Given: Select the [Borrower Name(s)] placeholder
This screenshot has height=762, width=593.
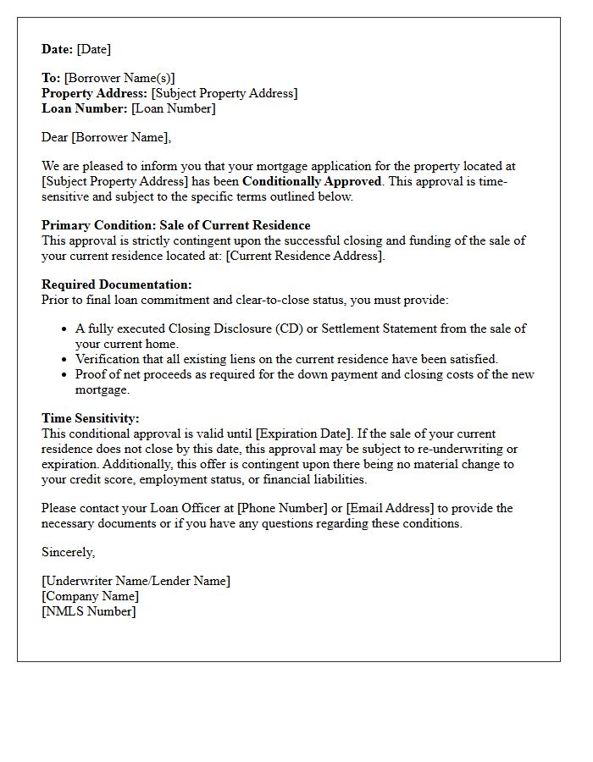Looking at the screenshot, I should [119, 78].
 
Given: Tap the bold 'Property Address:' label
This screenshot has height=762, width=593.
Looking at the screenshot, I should [95, 93].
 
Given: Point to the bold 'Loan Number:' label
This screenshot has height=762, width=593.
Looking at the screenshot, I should [85, 108].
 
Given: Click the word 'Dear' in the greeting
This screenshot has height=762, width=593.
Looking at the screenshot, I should [54, 137].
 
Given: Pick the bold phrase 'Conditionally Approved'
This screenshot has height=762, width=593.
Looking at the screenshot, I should [312, 181].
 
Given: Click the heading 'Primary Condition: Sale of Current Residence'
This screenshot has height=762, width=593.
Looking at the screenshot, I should [175, 225].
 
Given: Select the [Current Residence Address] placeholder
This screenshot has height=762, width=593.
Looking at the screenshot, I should [305, 256].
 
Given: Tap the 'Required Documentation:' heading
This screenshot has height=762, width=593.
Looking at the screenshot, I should [117, 284].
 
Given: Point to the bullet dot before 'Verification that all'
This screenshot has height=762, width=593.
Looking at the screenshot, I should [65, 360].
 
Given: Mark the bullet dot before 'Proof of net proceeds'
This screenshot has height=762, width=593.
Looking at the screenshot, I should [65, 375].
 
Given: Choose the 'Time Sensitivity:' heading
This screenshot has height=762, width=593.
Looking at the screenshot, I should [91, 418].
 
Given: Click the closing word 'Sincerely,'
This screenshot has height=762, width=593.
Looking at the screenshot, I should [69, 552].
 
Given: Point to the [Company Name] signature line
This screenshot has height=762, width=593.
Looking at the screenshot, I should [90, 596].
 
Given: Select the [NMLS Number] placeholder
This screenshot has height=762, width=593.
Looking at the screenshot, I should [88, 611].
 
